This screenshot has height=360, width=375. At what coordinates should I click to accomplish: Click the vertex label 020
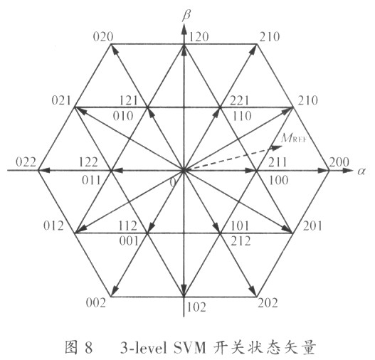point(103,37)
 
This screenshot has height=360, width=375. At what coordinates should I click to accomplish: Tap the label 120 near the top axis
point(199,37)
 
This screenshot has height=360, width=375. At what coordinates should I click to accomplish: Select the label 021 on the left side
point(61,100)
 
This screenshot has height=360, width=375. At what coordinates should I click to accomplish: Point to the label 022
point(26,162)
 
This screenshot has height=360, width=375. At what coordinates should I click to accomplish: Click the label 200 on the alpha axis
point(339,162)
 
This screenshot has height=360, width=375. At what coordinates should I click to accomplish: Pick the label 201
point(312,226)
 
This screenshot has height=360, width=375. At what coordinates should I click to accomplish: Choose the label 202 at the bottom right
point(268,303)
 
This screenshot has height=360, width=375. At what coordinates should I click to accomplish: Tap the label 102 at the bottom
point(196,307)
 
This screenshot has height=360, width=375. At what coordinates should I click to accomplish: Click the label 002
point(96,303)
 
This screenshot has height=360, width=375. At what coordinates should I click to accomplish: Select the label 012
point(53,226)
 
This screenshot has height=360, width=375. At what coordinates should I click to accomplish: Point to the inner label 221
point(239,100)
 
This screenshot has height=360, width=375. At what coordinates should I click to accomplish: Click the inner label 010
point(123,116)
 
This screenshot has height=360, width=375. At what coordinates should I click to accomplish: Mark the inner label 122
point(88,162)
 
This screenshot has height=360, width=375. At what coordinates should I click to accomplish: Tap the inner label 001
point(129,241)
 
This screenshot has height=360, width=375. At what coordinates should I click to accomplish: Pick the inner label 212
point(241,241)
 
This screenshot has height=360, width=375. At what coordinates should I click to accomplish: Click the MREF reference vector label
point(294,138)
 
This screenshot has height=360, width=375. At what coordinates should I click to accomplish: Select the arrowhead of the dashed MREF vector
point(277,147)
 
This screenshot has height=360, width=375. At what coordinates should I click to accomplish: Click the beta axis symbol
point(186,16)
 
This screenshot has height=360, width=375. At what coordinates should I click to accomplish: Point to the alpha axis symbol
point(361,171)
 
